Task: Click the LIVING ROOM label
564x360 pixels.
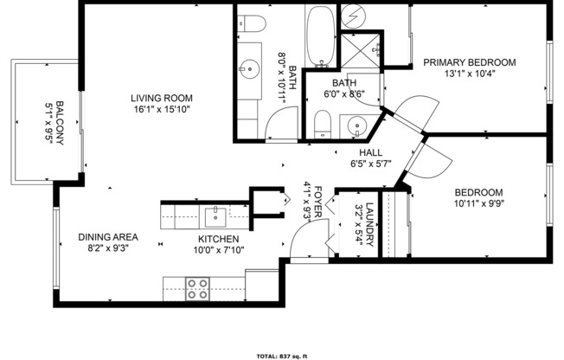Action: pos(162,98)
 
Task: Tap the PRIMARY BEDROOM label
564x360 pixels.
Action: pos(470,62)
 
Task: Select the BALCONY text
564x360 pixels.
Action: pos(61,123)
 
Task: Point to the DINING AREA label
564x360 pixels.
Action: pos(108,237)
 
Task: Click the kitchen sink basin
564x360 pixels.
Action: pos(215,217)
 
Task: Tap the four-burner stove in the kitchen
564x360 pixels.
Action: pos(197,289)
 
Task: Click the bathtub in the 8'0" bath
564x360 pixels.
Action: pos(320,35)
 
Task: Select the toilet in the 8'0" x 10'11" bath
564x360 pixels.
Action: pos(252,23)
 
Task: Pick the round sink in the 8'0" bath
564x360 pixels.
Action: pos(249,68)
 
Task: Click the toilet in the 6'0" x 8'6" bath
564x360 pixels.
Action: pos(323,125)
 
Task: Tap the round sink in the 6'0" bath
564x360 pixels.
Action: pos(356,126)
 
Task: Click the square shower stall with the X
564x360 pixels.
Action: pos(361,50)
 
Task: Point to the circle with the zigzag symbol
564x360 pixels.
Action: pos(353,17)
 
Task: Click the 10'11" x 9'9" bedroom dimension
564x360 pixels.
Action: pos(478,203)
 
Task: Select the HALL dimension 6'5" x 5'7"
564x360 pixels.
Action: pos(371,164)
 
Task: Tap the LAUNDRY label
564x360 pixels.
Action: pos(370,224)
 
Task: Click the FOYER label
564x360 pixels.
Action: pos(318,202)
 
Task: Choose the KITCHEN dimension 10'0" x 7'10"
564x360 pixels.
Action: pos(219,250)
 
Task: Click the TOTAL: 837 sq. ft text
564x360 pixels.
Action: pos(282,357)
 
